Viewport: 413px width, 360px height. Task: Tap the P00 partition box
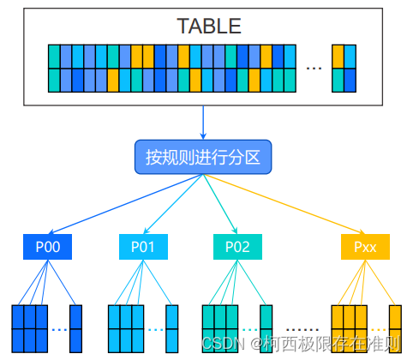click(48, 247)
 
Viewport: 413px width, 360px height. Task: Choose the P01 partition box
click(142, 247)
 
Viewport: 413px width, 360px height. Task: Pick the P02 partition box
click(237, 247)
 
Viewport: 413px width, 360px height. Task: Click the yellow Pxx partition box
click(365, 247)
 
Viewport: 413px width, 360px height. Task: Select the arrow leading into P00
click(120, 206)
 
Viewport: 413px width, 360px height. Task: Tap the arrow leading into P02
click(221, 206)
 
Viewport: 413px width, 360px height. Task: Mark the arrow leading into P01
click(171, 206)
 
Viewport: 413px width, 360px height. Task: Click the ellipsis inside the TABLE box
click(314, 68)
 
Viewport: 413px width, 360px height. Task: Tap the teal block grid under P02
click(219, 328)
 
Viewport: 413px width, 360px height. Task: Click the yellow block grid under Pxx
click(349, 328)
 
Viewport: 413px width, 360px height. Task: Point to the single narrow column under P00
click(75, 328)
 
